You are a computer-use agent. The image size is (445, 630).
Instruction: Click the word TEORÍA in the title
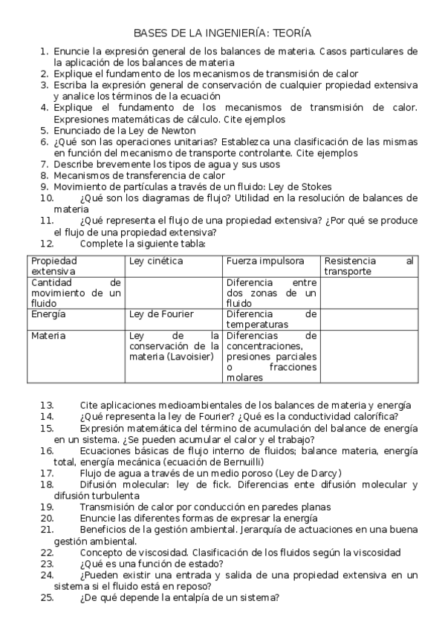point(292,33)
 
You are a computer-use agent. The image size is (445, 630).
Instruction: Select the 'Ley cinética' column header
point(156,261)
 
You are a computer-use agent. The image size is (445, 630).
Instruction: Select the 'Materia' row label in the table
point(48,336)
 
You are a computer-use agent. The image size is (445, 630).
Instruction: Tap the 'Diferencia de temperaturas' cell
point(271,319)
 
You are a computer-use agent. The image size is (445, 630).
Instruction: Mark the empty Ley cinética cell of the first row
point(174,293)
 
